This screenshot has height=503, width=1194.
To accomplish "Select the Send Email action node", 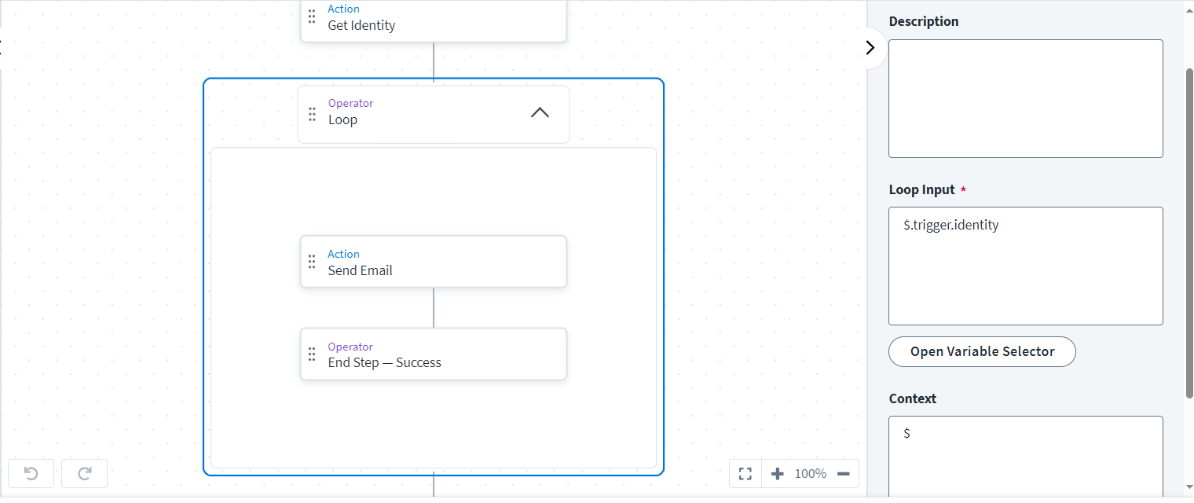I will tap(433, 262).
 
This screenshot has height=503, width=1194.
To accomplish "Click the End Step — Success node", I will tap(433, 354).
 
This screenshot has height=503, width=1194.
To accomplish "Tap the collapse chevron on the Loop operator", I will tap(540, 112).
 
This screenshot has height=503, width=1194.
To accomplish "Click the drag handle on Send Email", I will tap(312, 262).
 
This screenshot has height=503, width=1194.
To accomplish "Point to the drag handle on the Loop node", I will tap(312, 114).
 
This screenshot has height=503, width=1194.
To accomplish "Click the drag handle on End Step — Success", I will tap(312, 354).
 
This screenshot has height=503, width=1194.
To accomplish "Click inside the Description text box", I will tap(1025, 98).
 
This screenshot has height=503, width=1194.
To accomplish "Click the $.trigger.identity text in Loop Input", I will tap(951, 226).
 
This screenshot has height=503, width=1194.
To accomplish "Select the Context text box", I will tap(1025, 456).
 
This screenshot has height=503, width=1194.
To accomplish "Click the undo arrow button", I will tap(31, 473).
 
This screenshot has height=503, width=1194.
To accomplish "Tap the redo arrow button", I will tap(85, 473).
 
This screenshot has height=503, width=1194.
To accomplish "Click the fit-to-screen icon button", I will tap(745, 474).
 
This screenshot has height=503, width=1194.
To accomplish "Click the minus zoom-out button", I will tap(844, 474).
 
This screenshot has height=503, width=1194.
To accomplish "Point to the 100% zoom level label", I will tap(810, 474).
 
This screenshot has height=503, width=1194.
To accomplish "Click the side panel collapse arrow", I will tap(870, 47).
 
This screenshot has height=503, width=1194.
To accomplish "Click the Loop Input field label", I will tap(921, 190).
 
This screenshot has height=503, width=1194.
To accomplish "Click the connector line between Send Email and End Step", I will tap(434, 308).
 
